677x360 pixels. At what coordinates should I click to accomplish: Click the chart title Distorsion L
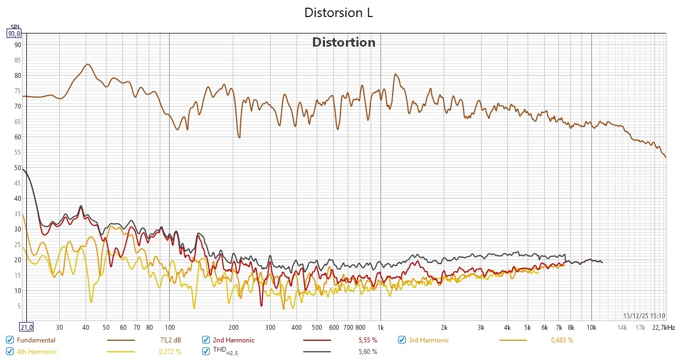(338, 13)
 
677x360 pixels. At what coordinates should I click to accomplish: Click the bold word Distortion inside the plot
(344, 42)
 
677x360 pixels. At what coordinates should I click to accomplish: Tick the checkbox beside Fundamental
(10, 340)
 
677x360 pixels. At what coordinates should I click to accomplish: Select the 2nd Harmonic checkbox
(206, 340)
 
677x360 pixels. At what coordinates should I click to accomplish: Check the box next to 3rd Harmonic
(402, 340)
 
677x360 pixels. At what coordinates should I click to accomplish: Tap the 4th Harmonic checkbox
(10, 351)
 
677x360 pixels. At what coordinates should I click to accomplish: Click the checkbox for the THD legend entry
(206, 351)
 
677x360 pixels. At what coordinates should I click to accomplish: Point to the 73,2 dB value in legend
(170, 340)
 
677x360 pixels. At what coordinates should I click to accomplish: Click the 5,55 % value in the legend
(366, 340)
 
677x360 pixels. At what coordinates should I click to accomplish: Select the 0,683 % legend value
(562, 340)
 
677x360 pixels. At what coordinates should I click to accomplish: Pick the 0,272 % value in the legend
(170, 351)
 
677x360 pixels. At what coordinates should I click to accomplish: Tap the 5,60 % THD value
(366, 351)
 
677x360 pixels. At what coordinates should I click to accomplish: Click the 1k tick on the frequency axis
(381, 328)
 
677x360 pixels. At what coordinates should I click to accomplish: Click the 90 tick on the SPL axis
(17, 45)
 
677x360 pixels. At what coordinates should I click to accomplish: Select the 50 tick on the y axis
(17, 168)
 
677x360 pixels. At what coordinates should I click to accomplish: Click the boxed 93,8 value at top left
(14, 33)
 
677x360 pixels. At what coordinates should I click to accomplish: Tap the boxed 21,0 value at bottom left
(26, 328)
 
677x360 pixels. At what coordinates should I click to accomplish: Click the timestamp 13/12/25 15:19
(644, 316)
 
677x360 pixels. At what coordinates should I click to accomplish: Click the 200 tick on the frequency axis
(233, 328)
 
